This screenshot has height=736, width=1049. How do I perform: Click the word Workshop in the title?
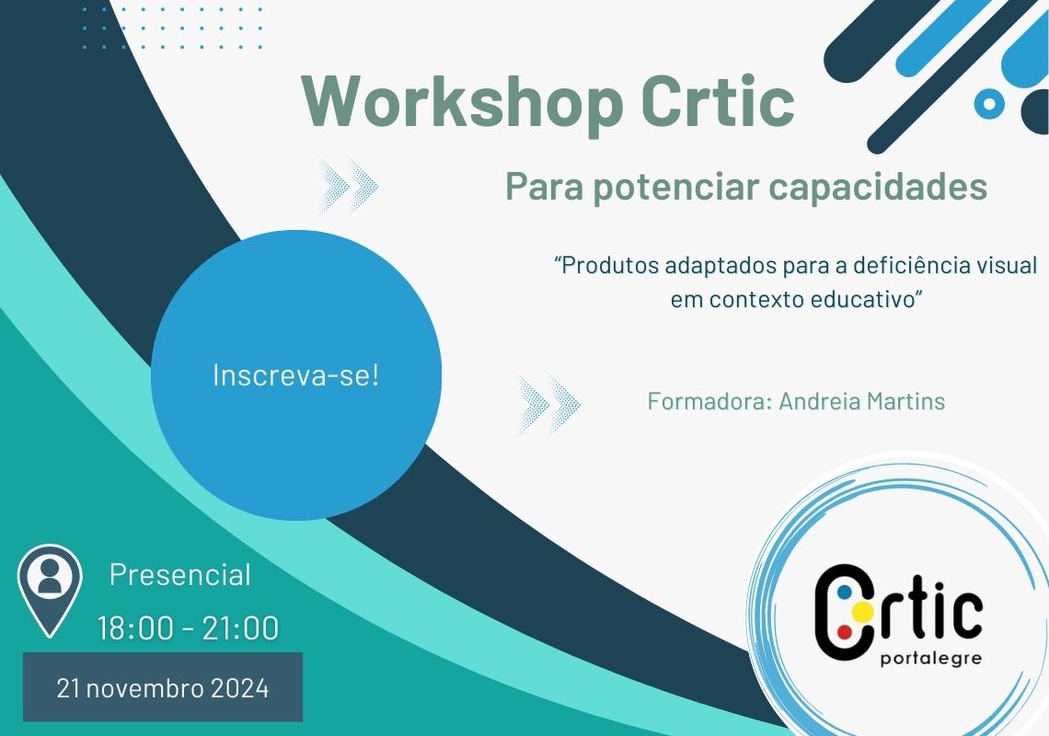[x=462, y=102]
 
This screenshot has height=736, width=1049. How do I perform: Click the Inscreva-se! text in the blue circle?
[x=295, y=374]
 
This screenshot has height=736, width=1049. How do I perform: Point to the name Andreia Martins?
[x=862, y=401]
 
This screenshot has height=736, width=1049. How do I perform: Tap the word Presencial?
[x=180, y=575]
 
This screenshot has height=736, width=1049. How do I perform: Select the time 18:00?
[x=135, y=628]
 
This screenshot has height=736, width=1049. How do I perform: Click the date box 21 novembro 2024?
[x=163, y=687]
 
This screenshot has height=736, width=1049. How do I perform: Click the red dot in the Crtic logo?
[x=845, y=631]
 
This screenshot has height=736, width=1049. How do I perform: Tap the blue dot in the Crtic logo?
[x=845, y=592]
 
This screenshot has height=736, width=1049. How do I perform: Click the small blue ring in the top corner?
[x=989, y=104]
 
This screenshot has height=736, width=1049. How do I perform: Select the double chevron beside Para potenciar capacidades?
[x=348, y=185]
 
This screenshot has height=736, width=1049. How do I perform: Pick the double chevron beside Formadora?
[x=548, y=404]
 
